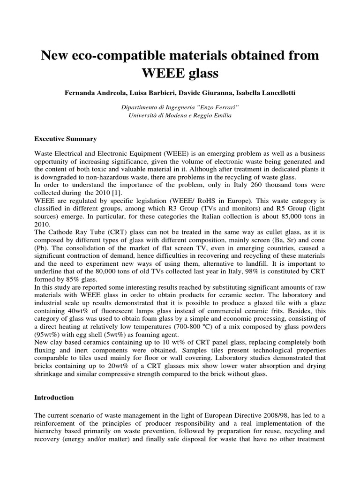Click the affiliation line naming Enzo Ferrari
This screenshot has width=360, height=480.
click(180, 107)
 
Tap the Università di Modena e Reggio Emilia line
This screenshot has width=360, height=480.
click(180, 115)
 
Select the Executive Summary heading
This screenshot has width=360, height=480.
click(66, 139)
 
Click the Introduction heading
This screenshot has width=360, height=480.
click(54, 397)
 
